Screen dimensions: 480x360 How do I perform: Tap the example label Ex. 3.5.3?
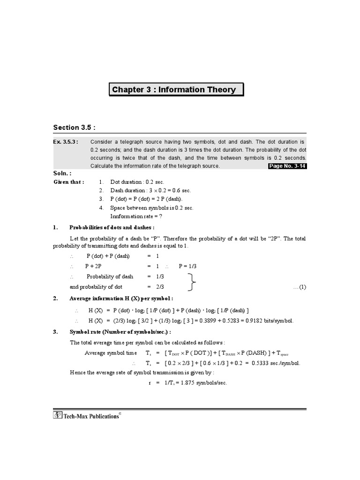point(65,141)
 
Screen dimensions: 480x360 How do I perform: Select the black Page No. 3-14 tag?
point(287,166)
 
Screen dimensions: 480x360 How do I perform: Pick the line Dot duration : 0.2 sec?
point(137,182)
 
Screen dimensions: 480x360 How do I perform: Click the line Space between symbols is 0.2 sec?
point(151,208)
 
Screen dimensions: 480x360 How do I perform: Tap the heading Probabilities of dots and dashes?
point(112,227)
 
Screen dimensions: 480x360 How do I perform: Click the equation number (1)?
point(300,287)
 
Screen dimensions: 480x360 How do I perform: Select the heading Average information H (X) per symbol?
point(121,299)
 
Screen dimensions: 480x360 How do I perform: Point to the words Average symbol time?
point(111,353)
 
